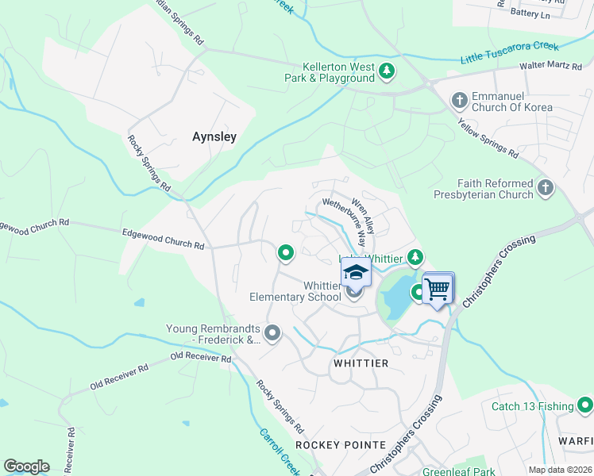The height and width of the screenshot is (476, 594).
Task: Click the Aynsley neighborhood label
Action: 214,136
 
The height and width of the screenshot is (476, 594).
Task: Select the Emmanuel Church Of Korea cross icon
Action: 459,100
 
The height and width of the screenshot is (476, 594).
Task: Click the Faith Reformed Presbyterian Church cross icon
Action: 545,188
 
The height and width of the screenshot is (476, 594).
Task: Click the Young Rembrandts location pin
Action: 272,332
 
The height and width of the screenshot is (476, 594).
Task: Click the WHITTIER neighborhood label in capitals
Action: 360,363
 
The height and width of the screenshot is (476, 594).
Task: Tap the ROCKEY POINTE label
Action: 340,445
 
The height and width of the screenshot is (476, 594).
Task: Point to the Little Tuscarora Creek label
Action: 510,53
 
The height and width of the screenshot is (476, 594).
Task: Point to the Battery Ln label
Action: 530,13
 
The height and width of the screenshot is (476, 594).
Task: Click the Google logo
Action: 26,466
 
